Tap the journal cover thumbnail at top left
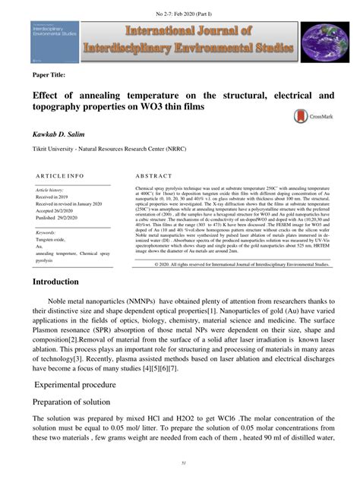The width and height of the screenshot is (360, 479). pyautogui.click(x=54, y=42)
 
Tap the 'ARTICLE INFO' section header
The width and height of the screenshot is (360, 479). pyautogui.click(x=58, y=175)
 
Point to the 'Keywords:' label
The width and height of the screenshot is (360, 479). pyautogui.click(x=49, y=232)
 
